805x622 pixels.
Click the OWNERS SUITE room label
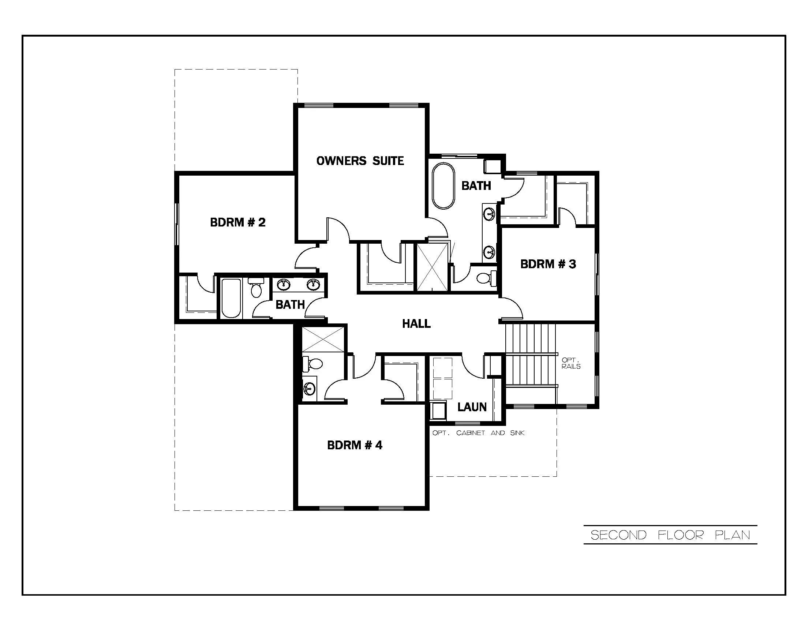[360, 161]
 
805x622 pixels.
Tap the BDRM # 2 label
[238, 222]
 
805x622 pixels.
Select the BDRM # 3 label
[548, 264]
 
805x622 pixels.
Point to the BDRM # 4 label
[355, 445]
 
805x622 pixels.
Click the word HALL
[416, 323]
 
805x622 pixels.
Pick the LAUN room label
[472, 407]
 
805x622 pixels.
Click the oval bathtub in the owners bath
[443, 186]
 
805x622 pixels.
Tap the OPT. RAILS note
[571, 363]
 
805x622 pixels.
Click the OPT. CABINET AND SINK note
[478, 433]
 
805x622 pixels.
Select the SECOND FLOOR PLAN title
[670, 535]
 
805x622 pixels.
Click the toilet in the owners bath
[486, 278]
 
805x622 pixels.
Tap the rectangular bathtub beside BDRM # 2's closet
[231, 299]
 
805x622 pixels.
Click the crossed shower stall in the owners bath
[432, 267]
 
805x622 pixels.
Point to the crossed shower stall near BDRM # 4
[323, 339]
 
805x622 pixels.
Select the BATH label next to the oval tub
[476, 186]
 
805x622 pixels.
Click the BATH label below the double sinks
[290, 304]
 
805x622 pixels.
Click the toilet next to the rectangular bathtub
[256, 289]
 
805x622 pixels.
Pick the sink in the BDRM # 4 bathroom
[309, 388]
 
